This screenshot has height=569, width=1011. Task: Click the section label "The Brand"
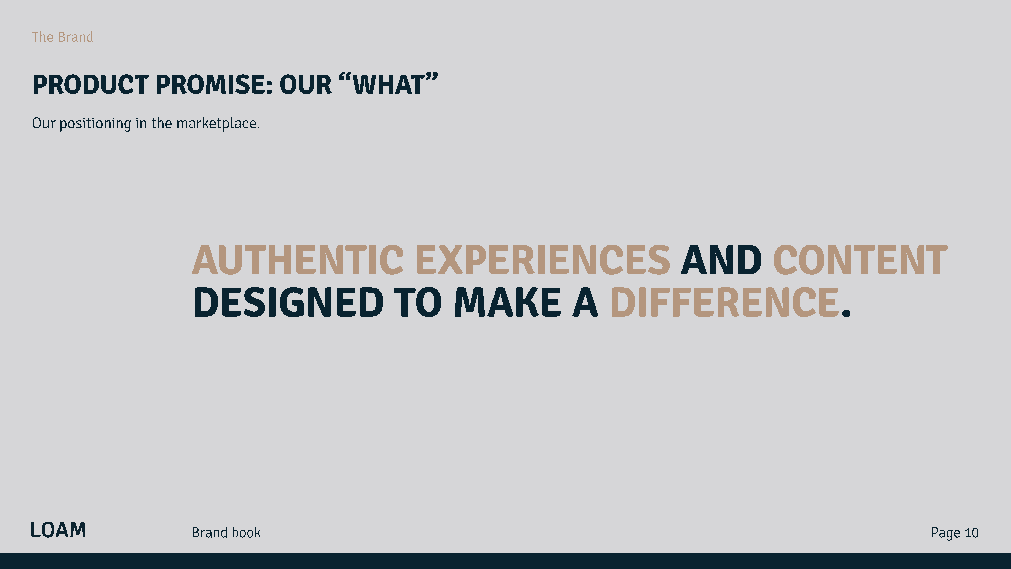(x=62, y=37)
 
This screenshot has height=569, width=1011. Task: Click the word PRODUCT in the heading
(x=90, y=84)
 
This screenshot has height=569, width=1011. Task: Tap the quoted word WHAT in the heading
(x=389, y=84)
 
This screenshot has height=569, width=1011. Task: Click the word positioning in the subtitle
(x=95, y=124)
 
